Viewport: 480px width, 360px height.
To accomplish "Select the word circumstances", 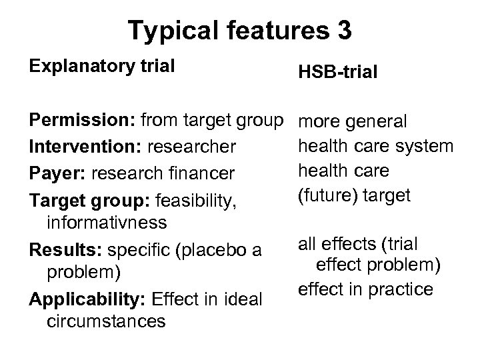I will [107, 322].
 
